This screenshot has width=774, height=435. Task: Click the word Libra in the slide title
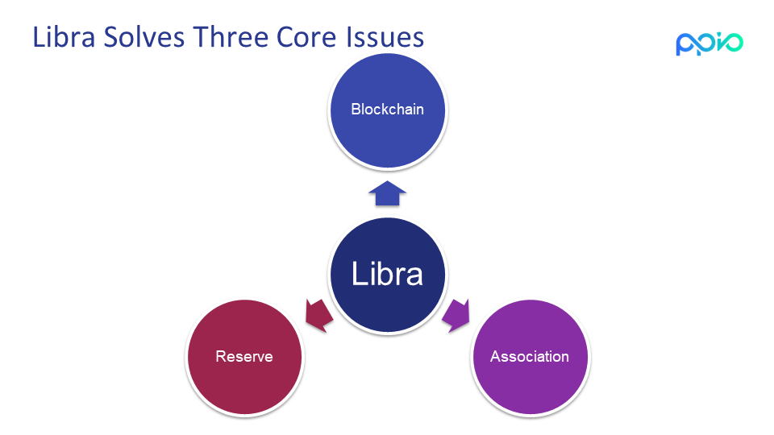pos(64,37)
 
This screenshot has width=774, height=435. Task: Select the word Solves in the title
pos(144,37)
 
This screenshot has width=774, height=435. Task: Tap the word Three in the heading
pos(230,37)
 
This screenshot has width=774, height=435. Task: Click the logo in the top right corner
pos(709,43)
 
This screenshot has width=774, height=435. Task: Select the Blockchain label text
pos(388,109)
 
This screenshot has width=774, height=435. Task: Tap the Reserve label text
pos(244,357)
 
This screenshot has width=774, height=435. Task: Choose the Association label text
pos(530,357)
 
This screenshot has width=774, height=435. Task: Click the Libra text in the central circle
pos(388,274)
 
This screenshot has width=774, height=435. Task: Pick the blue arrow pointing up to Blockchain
pos(388,193)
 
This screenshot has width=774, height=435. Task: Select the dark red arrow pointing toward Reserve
pos(318,315)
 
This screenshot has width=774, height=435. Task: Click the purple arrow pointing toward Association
pos(456,315)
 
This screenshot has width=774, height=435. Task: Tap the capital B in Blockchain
pos(356,109)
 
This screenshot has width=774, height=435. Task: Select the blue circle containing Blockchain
pos(388,110)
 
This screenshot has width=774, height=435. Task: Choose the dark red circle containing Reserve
pos(245,357)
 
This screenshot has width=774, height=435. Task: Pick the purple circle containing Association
pos(531,357)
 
